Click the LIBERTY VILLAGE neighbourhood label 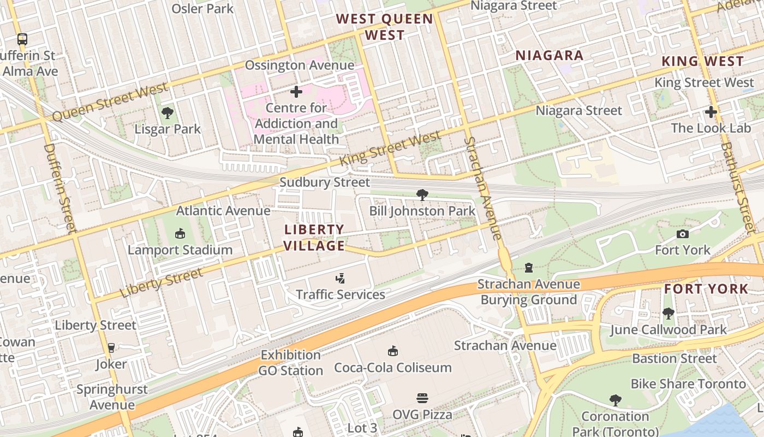(314, 238)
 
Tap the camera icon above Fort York (682, 234)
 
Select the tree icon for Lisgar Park (168, 114)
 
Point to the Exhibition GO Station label (291, 363)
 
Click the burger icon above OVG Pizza (422, 398)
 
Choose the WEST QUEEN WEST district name (385, 27)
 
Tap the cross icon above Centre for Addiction (296, 92)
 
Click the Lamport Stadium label (180, 250)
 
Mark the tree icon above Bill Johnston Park (422, 195)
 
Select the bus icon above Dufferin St (22, 39)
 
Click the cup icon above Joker (111, 348)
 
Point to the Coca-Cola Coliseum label (393, 368)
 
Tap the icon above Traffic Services (340, 279)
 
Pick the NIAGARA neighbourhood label (550, 55)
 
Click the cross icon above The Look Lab (711, 113)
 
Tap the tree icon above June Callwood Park (668, 314)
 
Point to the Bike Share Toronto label (688, 384)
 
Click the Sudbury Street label (325, 182)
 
